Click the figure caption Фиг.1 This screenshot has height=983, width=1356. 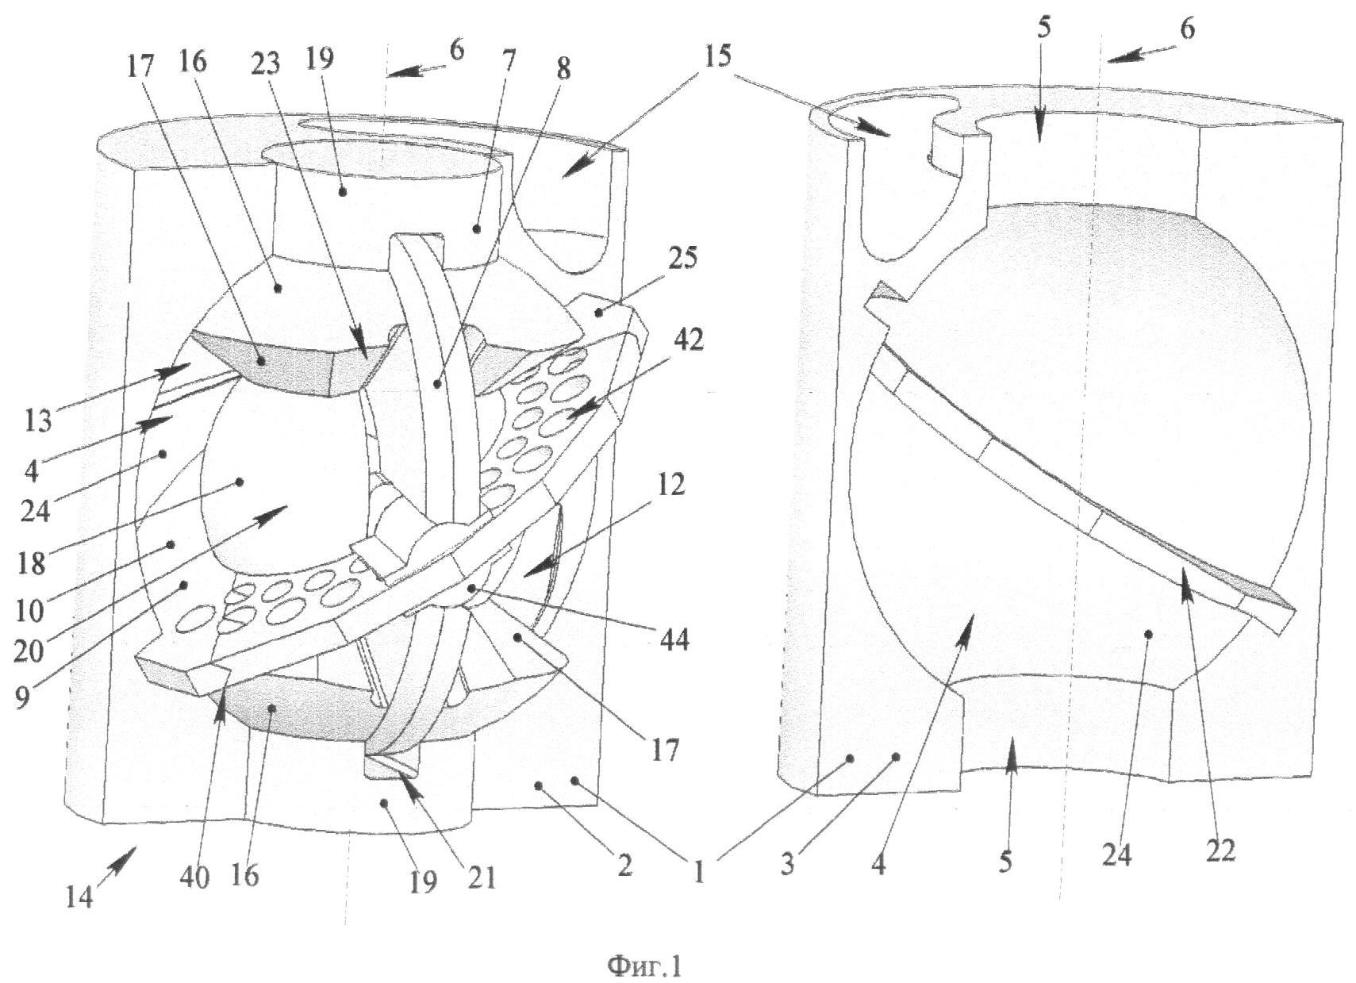pos(645,965)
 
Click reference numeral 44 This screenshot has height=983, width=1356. pos(673,639)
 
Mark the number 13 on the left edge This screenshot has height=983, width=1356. pos(38,420)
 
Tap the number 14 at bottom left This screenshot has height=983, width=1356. pos(79,897)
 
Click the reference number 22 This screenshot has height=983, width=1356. pos(1220,851)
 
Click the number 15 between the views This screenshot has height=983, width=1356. pos(716,56)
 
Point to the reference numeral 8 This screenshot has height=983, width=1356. pos(563,70)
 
